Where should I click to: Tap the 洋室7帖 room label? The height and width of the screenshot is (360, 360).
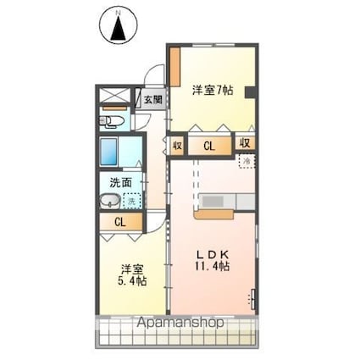pos(211,89)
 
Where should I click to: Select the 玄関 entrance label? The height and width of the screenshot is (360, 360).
pos(152,100)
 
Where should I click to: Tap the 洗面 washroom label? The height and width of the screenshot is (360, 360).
pos(119,182)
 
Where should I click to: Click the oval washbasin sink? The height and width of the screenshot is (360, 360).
pos(109,202)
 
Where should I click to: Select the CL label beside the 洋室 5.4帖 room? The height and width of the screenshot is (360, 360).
pos(119,223)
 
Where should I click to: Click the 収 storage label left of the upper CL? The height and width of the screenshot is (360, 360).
pos(177,145)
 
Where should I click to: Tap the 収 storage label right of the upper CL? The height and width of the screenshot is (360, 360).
pos(245,144)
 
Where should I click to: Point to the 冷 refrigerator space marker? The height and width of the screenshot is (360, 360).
pos(246,161)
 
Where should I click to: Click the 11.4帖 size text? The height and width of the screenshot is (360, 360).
pos(213,266)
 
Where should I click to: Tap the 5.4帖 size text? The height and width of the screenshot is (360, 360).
pos(130,280)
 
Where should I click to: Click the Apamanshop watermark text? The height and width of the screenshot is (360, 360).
pos(179,323)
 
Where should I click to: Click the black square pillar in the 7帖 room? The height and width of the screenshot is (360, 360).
pos(249,92)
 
